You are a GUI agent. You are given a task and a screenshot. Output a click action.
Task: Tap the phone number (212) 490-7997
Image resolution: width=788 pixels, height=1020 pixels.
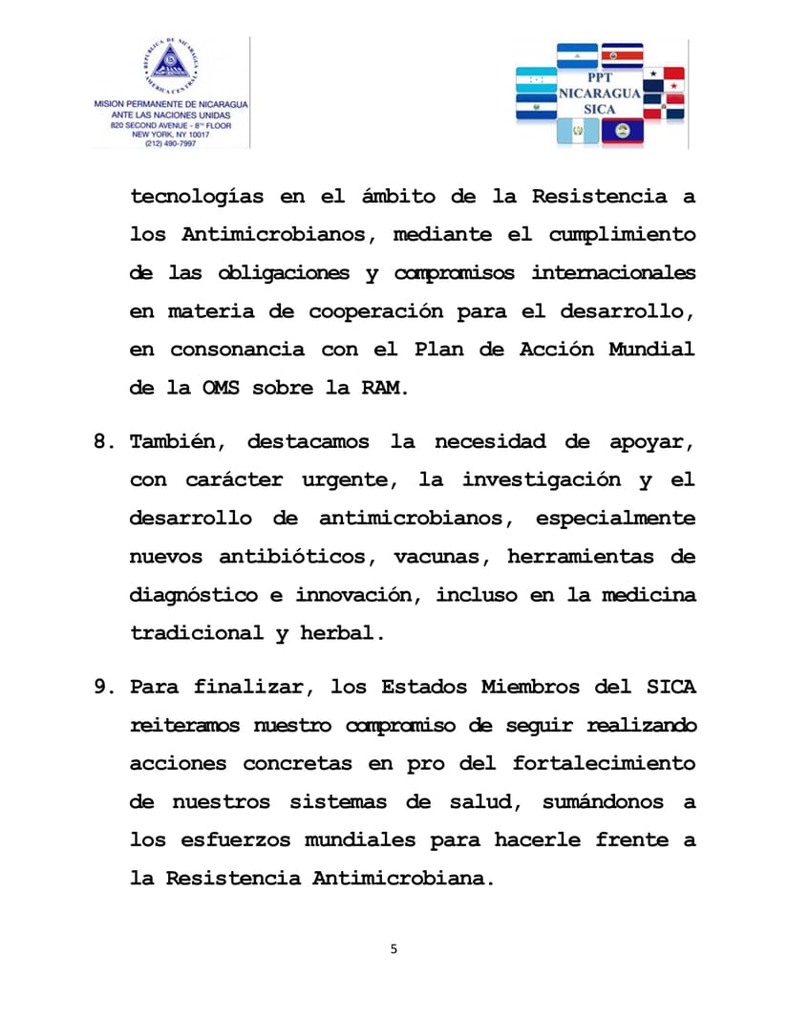[x=170, y=143]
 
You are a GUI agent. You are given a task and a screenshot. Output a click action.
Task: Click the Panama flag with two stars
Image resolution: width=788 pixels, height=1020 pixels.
[x=663, y=80]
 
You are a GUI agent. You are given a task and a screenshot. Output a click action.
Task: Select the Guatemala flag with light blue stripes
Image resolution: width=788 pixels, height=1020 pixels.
[x=577, y=131]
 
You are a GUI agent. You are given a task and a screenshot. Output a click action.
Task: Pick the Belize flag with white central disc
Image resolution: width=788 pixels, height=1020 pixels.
[x=623, y=131]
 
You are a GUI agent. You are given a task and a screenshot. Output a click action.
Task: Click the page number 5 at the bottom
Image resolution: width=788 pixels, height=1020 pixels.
[x=394, y=948]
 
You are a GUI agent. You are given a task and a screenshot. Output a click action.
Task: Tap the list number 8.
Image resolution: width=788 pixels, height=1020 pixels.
[x=104, y=442]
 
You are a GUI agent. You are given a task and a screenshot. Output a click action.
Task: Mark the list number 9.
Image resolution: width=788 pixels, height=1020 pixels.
[x=104, y=687]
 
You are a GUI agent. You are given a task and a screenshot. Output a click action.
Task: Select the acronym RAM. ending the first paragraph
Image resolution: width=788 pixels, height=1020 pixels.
[x=385, y=388]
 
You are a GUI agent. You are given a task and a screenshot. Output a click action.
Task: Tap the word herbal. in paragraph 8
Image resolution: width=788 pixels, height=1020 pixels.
[x=342, y=633]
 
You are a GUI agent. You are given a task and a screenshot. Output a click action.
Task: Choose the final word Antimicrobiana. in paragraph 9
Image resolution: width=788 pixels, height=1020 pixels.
[x=404, y=878]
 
